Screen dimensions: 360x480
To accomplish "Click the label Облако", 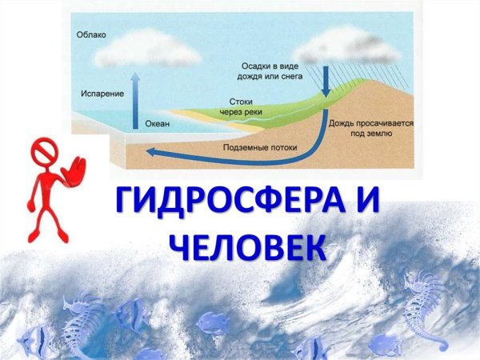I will pos(92,35).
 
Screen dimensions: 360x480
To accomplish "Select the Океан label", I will pos(158,125).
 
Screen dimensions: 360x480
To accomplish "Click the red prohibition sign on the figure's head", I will pos(42,150).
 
